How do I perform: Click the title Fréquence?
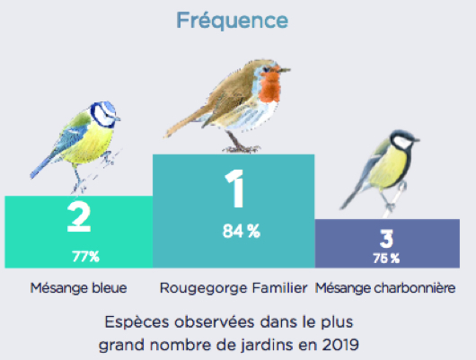click(233, 21)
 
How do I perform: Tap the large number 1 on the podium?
click(235, 189)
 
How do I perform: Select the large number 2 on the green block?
click(79, 217)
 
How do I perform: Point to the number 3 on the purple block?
click(386, 239)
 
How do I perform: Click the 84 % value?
click(242, 231)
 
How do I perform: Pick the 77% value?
click(85, 257)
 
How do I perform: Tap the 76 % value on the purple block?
click(386, 259)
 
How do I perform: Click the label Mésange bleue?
click(78, 288)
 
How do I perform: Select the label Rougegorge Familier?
click(234, 288)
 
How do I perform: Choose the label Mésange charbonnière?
click(385, 288)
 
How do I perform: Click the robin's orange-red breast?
click(269, 86)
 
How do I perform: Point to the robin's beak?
click(285, 70)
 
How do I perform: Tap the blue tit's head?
click(104, 114)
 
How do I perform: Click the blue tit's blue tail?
click(42, 169)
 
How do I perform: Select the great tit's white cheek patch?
click(401, 142)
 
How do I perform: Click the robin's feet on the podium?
click(242, 149)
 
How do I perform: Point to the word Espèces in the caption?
click(137, 322)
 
